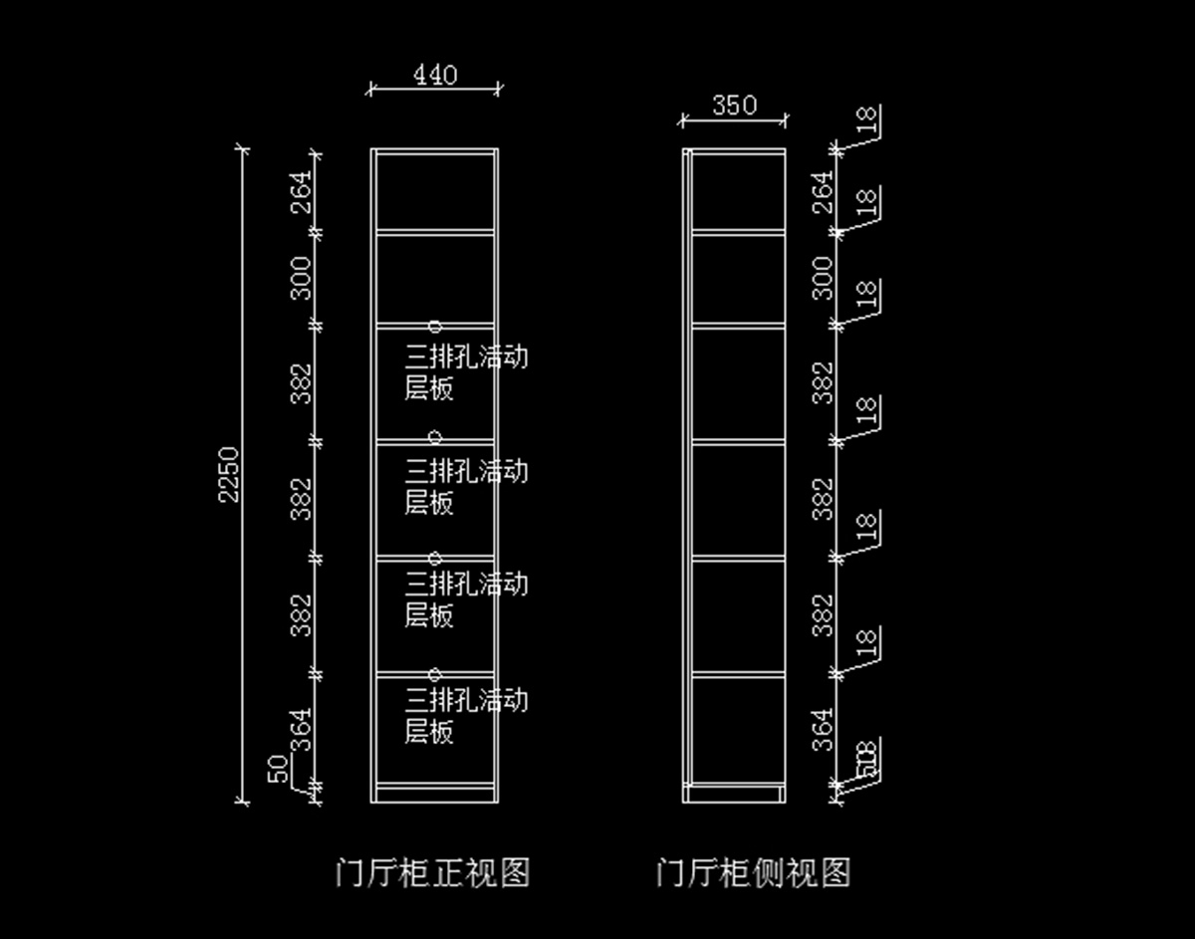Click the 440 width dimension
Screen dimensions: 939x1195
pyautogui.click(x=435, y=76)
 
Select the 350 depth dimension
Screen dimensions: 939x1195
pyautogui.click(x=734, y=106)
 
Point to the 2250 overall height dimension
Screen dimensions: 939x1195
pyautogui.click(x=229, y=474)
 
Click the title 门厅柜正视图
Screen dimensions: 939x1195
pyautogui.click(x=433, y=873)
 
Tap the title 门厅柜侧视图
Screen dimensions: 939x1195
pyautogui.click(x=754, y=873)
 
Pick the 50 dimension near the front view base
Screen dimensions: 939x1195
pyautogui.click(x=280, y=768)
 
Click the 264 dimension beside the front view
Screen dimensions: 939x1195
pyautogui.click(x=302, y=191)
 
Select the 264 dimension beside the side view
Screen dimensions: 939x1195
pyautogui.click(x=823, y=191)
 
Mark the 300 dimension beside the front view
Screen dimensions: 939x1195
pyautogui.click(x=302, y=278)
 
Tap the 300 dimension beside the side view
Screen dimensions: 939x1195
pyautogui.click(x=823, y=278)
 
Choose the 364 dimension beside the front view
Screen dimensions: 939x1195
pyautogui.click(x=302, y=729)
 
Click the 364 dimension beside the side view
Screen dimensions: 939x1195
pyautogui.click(x=823, y=729)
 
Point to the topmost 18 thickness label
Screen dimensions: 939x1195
pyautogui.click(x=868, y=120)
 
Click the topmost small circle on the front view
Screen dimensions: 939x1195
pyautogui.click(x=435, y=326)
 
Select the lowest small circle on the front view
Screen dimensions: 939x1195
pyautogui.click(x=435, y=674)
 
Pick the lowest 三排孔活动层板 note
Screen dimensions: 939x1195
pyautogui.click(x=465, y=715)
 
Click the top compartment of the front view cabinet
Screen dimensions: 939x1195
pyautogui.click(x=435, y=191)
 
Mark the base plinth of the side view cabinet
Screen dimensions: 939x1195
pyautogui.click(x=735, y=793)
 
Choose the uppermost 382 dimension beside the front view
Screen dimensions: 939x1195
pyautogui.click(x=302, y=383)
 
